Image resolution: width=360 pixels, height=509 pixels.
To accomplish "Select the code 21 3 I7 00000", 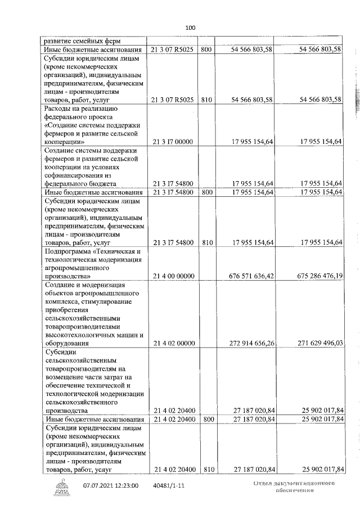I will click(173, 142).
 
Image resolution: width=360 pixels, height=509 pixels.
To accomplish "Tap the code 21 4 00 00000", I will click(173, 276).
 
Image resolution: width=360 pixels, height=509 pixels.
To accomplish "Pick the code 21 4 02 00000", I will click(173, 343).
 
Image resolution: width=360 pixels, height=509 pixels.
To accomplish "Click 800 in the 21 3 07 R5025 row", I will click(206, 50).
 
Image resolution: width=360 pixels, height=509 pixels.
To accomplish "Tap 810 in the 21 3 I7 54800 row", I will click(206, 242).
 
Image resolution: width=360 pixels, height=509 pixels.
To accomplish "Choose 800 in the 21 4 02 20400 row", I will click(206, 419).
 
